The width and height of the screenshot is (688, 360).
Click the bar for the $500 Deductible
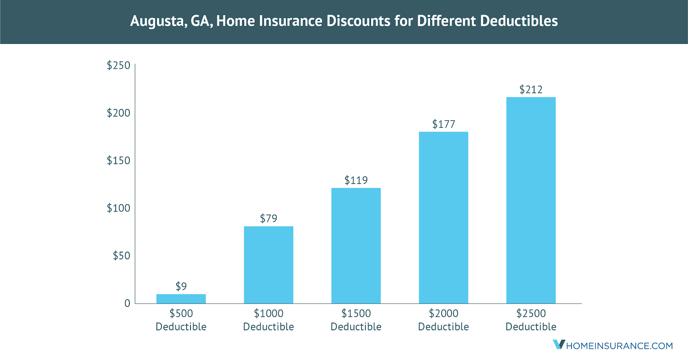181,299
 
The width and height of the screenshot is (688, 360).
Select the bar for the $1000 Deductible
268,265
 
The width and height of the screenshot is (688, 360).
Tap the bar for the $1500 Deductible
356,246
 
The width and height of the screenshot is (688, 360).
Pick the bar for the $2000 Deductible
443,218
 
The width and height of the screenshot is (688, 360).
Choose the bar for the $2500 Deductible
531,200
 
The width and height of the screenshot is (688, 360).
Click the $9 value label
181,286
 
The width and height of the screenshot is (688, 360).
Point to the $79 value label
268,218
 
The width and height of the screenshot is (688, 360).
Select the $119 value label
356,180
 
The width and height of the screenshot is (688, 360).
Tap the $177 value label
443,124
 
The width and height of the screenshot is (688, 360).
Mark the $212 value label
531,89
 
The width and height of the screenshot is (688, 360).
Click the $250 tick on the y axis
118,65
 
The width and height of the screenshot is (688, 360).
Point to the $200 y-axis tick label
118,113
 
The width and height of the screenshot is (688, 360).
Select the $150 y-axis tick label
118,160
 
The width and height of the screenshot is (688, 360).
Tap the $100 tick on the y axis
118,208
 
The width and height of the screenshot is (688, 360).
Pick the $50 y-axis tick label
121,256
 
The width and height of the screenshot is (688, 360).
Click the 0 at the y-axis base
127,303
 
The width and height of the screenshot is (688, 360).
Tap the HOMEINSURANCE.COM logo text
620,346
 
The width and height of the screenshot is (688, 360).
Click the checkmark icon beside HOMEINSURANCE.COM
559,345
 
